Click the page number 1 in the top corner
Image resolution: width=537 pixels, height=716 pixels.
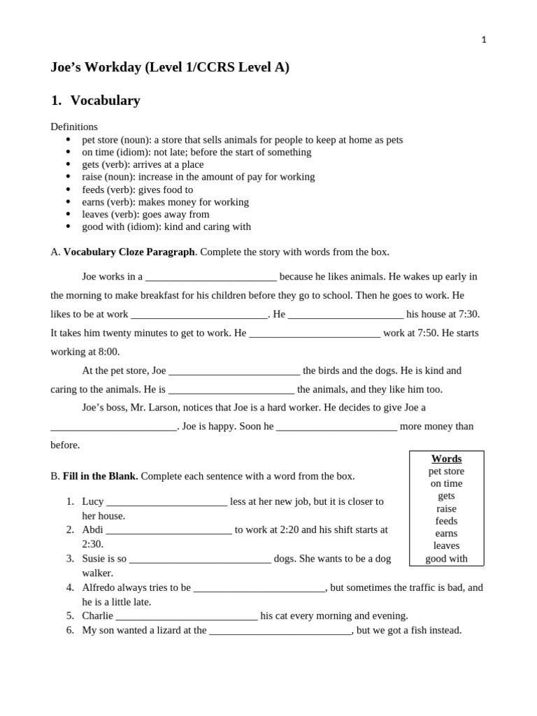[484, 40]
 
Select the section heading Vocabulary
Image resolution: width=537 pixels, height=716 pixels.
[105, 101]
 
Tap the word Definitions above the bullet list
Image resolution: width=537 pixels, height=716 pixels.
[74, 127]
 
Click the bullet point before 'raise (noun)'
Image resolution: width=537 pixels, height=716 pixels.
[68, 177]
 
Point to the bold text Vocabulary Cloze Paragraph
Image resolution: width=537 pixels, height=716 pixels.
[129, 252]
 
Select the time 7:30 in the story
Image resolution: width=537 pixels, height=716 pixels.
[468, 314]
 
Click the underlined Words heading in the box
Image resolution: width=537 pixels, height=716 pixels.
[446, 459]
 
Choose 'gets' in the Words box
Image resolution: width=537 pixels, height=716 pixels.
[446, 496]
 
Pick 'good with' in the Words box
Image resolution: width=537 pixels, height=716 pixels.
[446, 559]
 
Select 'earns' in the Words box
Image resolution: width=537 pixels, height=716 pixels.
[446, 534]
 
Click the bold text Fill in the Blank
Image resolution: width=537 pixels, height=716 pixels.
[100, 476]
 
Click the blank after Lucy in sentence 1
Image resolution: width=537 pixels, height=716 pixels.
[166, 502]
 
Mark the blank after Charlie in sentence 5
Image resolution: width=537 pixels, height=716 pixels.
[187, 616]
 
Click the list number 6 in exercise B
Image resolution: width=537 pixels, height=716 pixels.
[70, 630]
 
